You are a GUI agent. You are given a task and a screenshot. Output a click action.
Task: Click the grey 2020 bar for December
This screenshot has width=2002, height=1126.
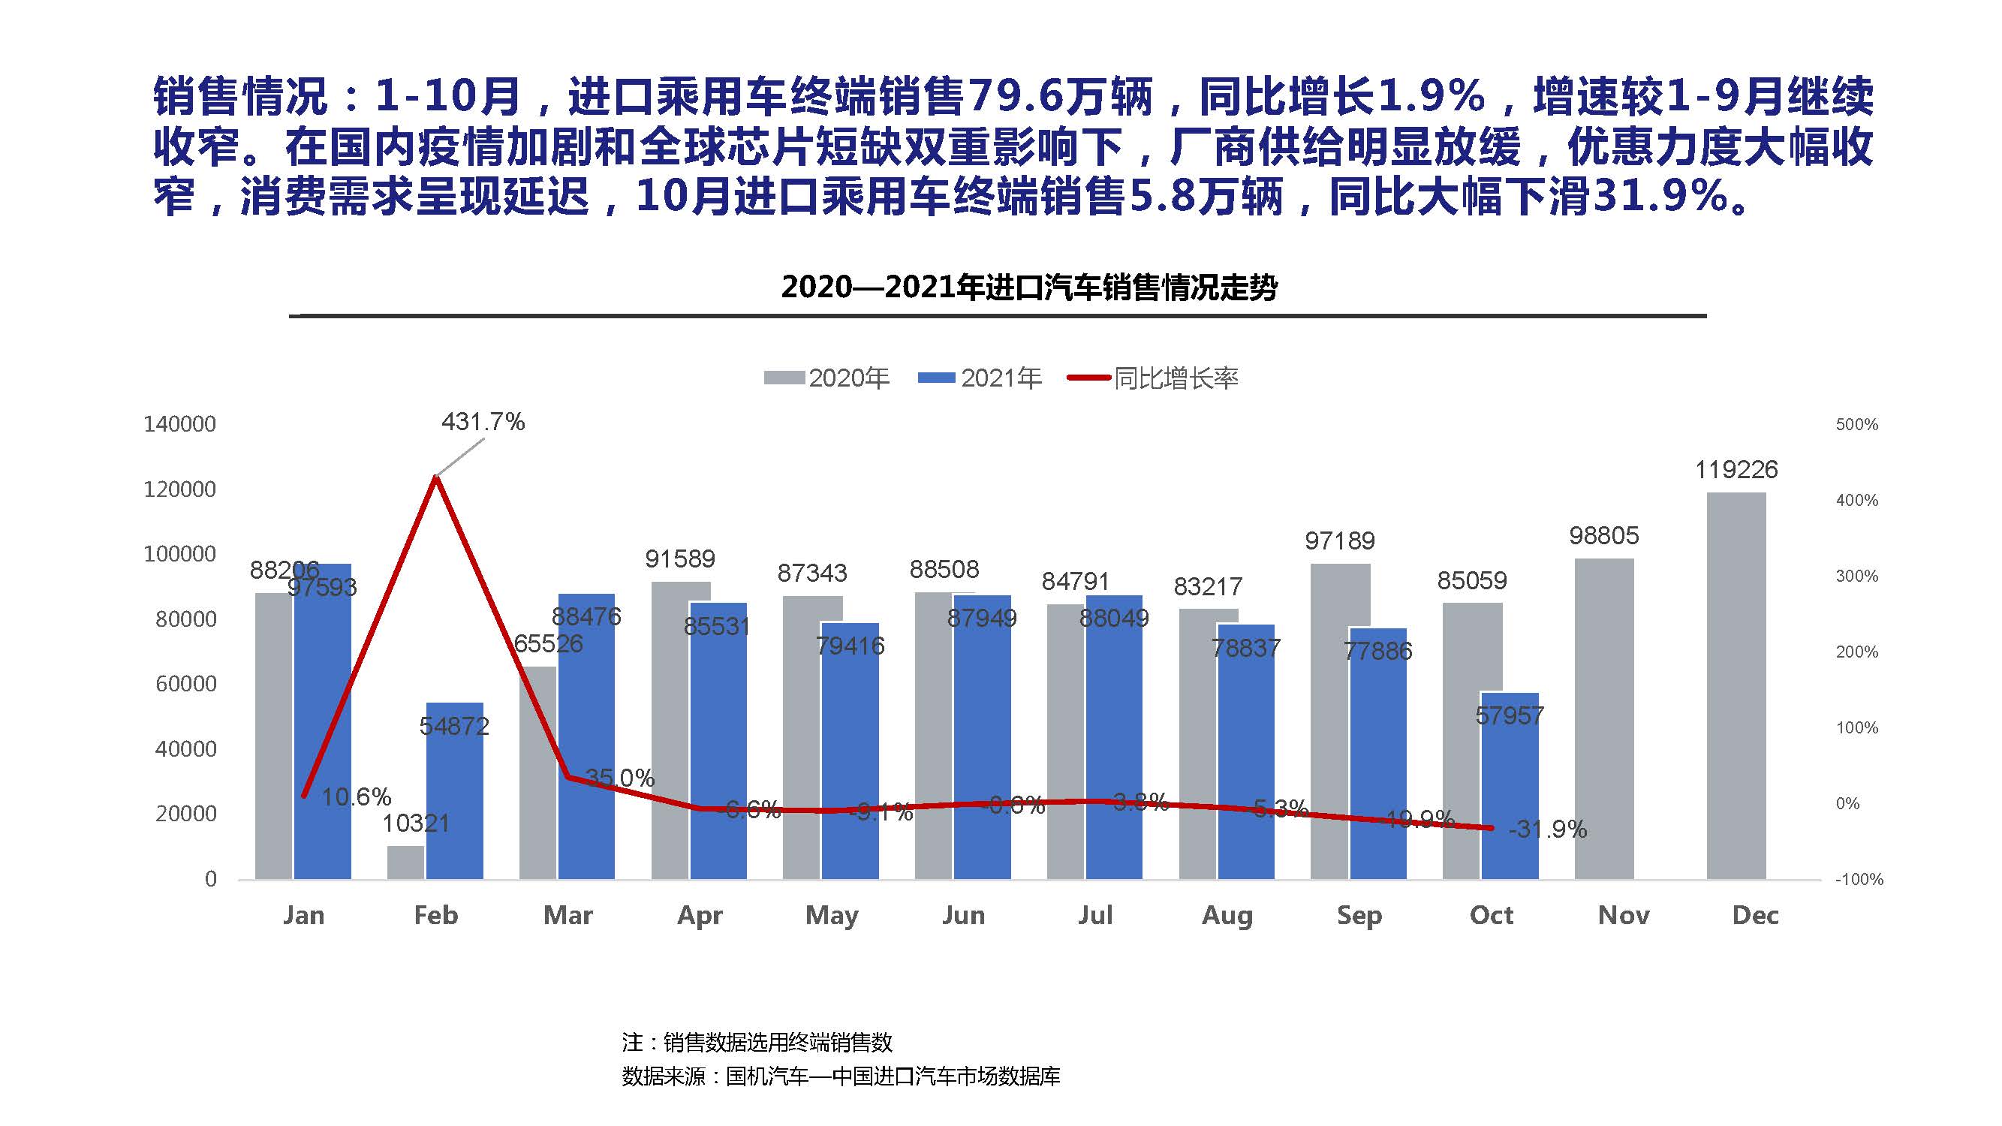1736,685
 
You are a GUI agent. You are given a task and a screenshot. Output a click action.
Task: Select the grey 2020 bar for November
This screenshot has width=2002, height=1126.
1604,719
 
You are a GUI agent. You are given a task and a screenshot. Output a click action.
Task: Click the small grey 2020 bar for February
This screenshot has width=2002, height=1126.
405,863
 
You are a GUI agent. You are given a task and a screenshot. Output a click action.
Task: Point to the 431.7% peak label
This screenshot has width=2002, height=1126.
483,422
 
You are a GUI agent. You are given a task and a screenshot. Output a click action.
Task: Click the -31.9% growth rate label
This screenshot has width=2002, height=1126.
1547,829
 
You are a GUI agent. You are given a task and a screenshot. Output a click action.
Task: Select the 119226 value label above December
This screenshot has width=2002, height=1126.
1736,469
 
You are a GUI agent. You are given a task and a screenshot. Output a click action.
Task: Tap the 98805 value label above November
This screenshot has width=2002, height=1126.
1603,535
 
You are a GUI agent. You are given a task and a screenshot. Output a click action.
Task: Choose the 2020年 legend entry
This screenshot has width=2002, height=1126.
827,378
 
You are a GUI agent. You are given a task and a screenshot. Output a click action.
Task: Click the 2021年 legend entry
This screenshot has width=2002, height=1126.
980,378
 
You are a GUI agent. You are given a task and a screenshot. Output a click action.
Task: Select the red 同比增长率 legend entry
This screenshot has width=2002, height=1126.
1153,378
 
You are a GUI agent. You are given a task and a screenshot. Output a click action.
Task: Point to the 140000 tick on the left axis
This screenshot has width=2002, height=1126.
179,424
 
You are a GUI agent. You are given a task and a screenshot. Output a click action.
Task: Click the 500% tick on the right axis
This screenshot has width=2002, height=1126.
1856,424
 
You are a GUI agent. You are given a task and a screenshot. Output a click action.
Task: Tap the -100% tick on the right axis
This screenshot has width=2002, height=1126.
1859,879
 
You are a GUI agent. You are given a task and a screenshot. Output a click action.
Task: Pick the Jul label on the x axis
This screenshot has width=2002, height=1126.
1095,914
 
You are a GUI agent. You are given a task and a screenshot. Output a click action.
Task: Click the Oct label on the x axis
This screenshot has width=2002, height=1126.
1491,914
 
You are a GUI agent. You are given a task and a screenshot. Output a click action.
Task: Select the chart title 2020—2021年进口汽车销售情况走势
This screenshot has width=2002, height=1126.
1029,288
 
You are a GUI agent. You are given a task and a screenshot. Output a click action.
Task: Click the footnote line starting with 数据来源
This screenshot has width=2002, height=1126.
841,1076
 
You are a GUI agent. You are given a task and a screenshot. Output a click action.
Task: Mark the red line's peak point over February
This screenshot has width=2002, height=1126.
436,477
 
